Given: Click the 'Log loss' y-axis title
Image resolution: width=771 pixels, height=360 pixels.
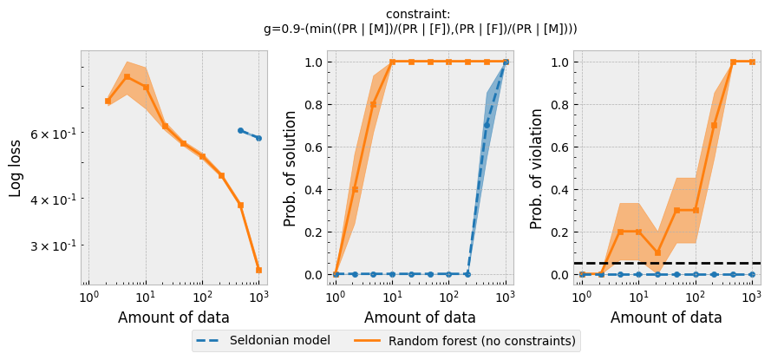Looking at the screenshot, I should point(16,167).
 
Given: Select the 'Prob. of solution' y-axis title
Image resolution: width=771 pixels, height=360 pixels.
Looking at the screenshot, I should point(291,167).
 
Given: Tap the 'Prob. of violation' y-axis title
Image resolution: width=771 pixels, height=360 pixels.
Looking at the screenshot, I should point(538,168).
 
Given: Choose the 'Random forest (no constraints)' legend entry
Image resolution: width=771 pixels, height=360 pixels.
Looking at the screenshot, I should point(482,340).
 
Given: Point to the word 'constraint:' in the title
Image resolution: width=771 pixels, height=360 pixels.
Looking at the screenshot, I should point(420,15).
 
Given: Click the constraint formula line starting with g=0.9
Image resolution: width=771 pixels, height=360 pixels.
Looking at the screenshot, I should point(420,29).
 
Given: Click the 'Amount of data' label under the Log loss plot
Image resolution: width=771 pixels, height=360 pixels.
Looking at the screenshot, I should point(173,317).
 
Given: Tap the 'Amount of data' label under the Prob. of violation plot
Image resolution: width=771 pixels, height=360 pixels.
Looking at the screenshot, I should point(666,317).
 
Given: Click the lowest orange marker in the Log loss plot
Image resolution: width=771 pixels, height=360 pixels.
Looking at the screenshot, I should point(258,270).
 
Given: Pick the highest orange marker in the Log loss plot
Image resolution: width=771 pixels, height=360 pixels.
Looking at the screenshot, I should point(127,76).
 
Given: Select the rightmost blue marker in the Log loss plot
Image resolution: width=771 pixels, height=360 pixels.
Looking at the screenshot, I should point(258,138).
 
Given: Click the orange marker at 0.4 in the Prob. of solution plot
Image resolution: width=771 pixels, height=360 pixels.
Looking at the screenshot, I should point(355,189).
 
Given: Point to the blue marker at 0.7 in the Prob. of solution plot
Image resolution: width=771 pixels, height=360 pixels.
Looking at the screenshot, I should point(487,126).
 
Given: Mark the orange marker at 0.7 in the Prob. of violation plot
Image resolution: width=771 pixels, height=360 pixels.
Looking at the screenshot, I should point(714,126).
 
